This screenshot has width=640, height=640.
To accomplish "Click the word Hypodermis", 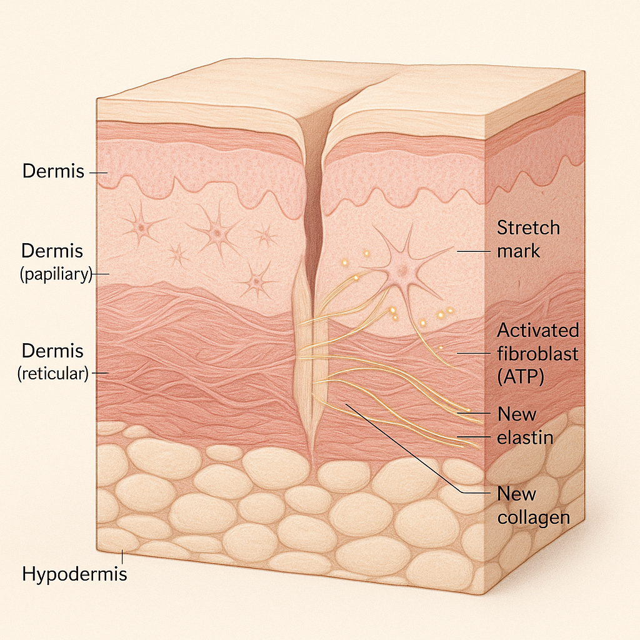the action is click(74, 574).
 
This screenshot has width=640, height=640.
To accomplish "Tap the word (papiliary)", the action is click(56, 274).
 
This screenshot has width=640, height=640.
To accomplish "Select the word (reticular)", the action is click(53, 374).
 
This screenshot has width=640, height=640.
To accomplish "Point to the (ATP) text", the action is click(521, 377).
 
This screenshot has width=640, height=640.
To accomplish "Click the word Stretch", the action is click(528, 227).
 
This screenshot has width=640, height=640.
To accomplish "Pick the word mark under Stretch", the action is click(518, 251).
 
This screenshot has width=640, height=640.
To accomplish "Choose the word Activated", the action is click(538, 330).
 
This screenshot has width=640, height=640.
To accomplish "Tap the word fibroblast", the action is click(537, 354).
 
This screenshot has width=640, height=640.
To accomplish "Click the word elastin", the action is click(525, 437).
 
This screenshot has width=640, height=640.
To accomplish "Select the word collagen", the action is click(534, 518).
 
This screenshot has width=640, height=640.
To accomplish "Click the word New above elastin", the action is click(517, 414).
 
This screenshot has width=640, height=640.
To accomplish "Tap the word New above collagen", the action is click(516, 494).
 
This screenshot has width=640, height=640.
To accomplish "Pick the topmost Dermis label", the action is click(53, 171).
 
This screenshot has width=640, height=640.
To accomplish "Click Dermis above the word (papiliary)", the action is click(52, 251).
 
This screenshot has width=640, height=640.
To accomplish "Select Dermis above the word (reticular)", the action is click(52, 351).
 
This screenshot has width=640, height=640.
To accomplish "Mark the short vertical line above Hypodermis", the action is click(122, 557).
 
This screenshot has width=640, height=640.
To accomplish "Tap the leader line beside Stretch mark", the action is click(473, 251).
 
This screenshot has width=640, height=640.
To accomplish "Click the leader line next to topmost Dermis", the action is click(98, 172).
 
